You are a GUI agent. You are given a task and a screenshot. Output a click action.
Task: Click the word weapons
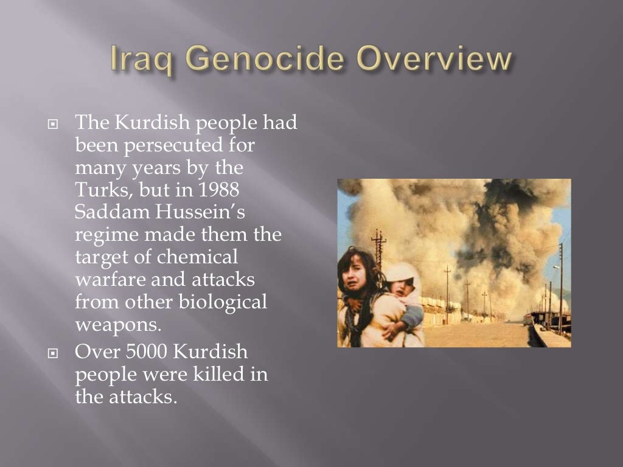point(118,324)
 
